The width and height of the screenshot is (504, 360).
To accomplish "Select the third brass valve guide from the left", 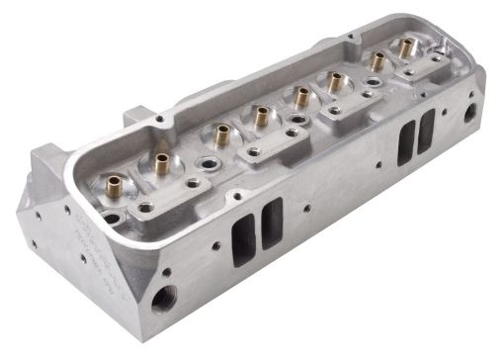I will [220, 132].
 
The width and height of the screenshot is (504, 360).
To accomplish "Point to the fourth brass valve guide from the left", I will [262, 116].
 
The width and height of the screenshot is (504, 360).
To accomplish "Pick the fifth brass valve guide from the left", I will [299, 96].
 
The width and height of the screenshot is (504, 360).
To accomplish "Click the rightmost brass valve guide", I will [405, 46].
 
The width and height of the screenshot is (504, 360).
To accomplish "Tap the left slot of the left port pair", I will [242, 242].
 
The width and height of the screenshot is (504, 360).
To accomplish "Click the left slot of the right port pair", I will [405, 145].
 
